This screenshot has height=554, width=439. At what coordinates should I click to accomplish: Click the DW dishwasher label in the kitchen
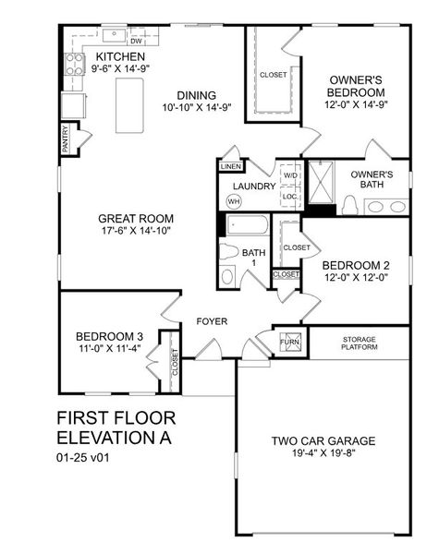135,42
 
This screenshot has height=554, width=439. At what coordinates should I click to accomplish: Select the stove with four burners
73,64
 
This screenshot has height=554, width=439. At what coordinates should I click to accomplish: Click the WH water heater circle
234,200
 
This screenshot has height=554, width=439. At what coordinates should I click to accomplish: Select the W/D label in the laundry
289,175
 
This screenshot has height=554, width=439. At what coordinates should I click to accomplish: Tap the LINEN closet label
230,166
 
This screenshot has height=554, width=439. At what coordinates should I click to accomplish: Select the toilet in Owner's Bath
349,205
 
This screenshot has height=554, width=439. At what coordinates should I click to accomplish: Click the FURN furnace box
291,343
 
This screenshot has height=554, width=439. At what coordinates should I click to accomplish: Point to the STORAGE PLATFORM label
359,343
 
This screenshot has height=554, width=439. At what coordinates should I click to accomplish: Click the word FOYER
212,320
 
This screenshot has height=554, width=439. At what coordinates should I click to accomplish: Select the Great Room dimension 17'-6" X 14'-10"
136,230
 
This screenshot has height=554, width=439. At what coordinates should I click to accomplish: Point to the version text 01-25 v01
85,456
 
